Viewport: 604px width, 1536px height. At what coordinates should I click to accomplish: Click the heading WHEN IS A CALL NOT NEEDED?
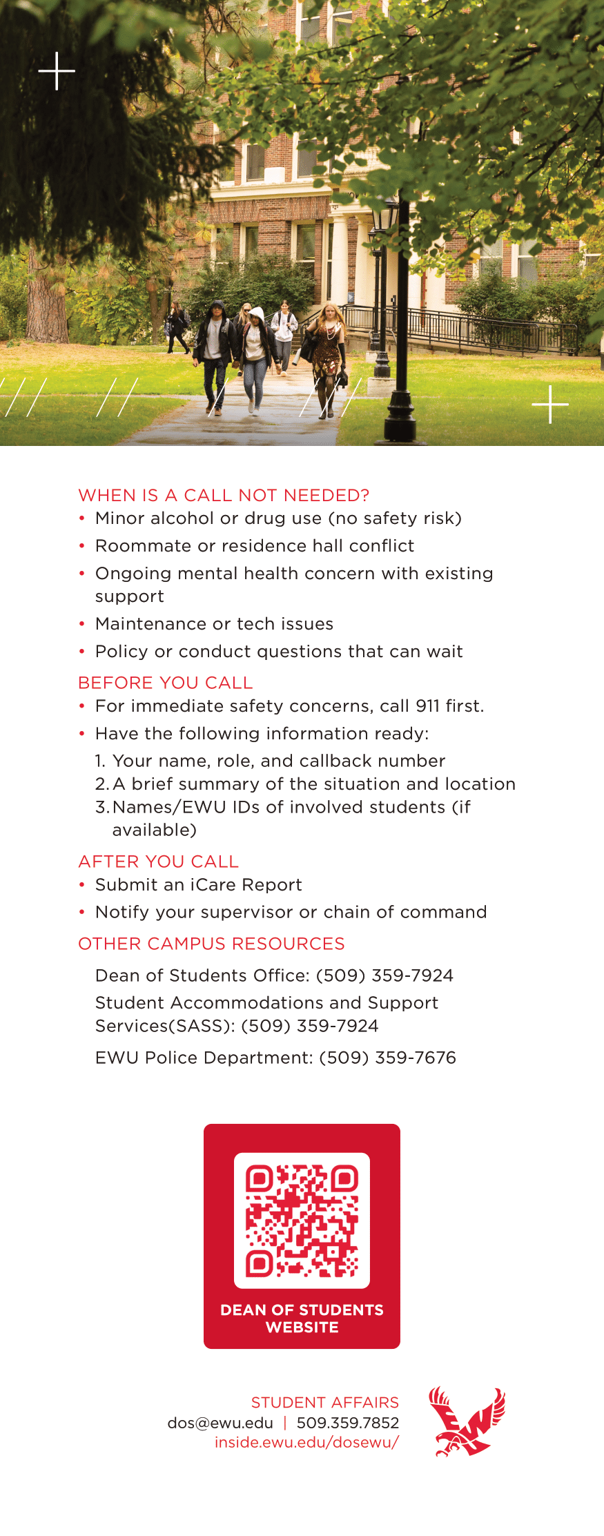224,495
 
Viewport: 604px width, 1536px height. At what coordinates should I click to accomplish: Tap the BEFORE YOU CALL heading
166,682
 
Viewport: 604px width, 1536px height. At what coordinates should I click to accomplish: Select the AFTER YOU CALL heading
159,861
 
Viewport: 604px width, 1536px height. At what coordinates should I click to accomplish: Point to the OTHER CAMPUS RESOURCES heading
211,943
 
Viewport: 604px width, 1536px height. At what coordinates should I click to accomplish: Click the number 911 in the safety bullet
427,706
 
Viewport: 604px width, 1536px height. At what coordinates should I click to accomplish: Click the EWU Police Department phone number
387,1057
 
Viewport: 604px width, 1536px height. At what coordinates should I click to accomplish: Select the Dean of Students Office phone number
384,975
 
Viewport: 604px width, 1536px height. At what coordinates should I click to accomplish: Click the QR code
302,1220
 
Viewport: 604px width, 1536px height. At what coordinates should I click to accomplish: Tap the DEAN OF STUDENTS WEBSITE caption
302,1318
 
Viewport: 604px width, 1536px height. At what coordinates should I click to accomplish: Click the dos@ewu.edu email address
220,1422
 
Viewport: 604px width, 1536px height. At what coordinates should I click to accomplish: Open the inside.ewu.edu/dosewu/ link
306,1442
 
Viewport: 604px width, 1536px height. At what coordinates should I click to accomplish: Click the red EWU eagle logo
467,1421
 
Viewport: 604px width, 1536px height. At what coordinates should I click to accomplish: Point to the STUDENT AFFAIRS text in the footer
324,1402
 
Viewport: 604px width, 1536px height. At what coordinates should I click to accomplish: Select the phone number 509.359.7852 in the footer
348,1422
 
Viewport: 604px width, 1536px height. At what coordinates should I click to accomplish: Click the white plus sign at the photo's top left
57,71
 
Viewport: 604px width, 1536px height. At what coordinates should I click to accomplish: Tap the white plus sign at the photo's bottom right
550,404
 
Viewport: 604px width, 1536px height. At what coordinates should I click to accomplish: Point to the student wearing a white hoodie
256,356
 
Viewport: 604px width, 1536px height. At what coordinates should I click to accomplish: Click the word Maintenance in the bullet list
144,623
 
